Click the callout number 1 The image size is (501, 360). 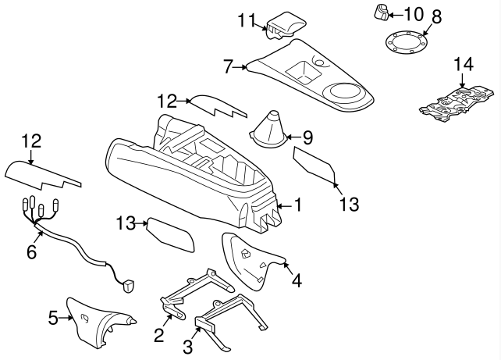pyautogui.click(x=297, y=205)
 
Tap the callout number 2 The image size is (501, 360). pyautogui.click(x=159, y=336)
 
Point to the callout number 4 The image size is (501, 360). pyautogui.click(x=297, y=279)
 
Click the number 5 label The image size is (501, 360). pyautogui.click(x=53, y=317)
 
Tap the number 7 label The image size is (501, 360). pyautogui.click(x=228, y=66)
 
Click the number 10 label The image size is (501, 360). pyautogui.click(x=413, y=12)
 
